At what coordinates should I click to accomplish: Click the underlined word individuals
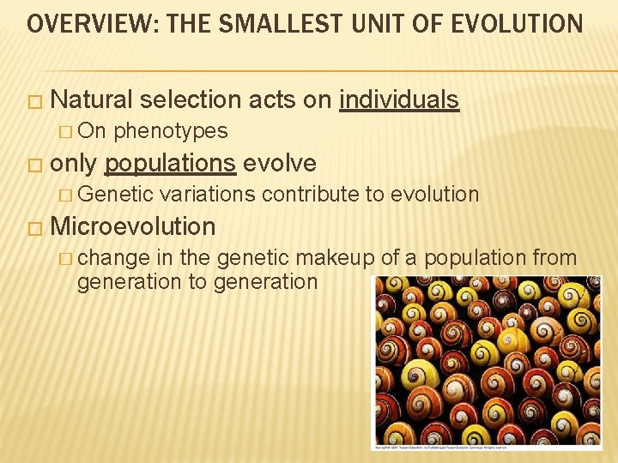tap(399, 100)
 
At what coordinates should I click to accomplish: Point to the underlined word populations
tap(170, 163)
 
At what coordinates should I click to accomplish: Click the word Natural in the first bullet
tap(91, 100)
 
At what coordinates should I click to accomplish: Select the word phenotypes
tap(170, 131)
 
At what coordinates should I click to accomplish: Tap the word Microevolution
tap(133, 226)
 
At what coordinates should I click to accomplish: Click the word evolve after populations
tap(280, 163)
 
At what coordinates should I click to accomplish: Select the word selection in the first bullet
tap(191, 100)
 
